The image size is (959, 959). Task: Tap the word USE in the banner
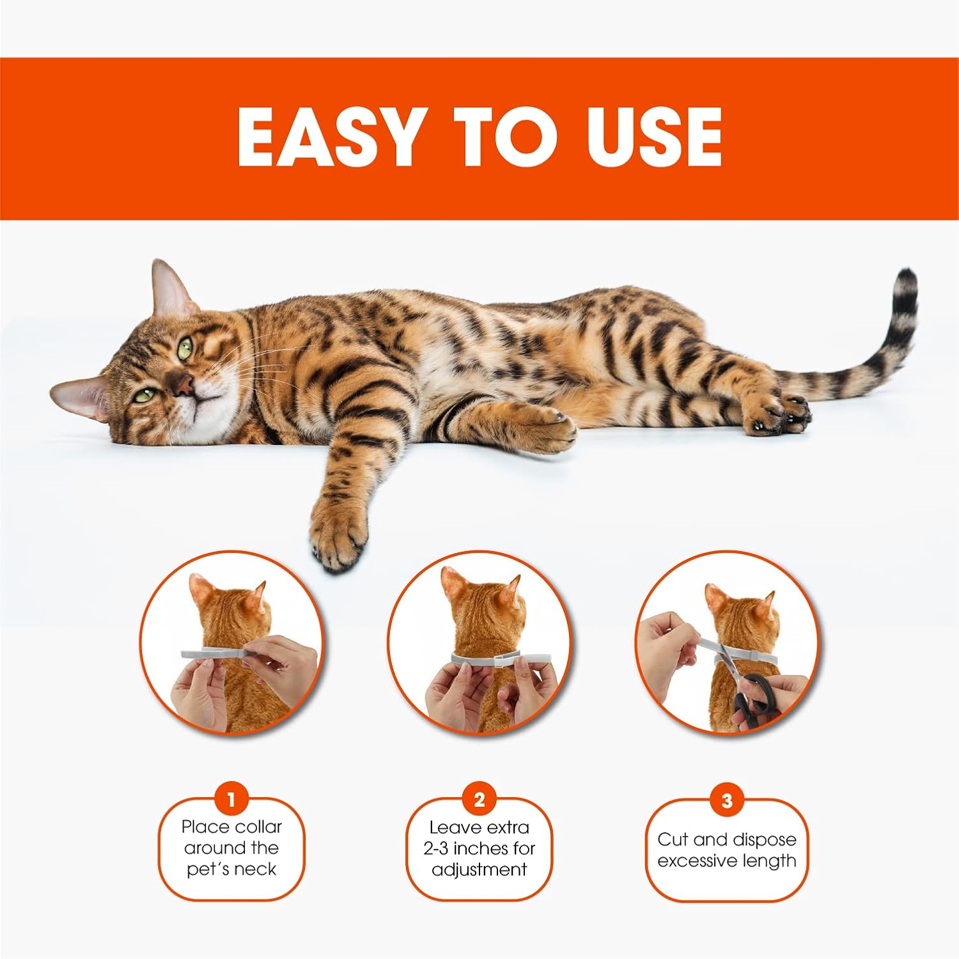(x=646, y=137)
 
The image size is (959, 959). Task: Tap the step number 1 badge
(x=231, y=799)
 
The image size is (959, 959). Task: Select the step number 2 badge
(x=479, y=799)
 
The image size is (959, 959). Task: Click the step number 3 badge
(x=727, y=800)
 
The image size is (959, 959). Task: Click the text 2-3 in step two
(x=435, y=848)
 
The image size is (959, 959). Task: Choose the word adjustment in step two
(x=479, y=870)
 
